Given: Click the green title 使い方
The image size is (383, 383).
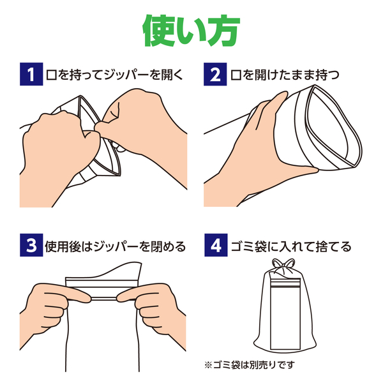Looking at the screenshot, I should [x=191, y=29].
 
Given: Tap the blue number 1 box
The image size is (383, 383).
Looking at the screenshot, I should [x=30, y=74].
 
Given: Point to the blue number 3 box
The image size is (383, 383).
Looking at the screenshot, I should [x=30, y=245].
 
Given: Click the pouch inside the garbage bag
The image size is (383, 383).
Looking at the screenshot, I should [x=286, y=313].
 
